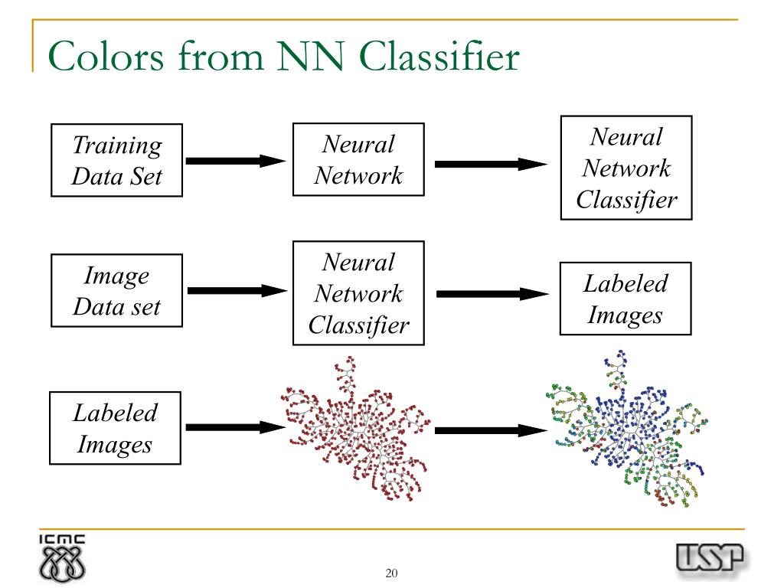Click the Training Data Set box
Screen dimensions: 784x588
point(116,160)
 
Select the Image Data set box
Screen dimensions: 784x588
point(116,290)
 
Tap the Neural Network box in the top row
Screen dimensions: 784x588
point(358,159)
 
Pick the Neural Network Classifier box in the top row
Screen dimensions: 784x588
point(626,168)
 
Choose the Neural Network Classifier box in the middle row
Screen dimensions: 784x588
point(358,293)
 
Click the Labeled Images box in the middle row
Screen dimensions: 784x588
point(626,299)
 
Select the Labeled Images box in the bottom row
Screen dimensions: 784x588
point(115,428)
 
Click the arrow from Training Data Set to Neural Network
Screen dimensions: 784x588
point(236,161)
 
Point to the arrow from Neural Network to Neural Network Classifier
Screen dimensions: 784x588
point(491,164)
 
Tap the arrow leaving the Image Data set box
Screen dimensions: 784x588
point(237,290)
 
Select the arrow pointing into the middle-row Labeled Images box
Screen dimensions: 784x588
point(492,294)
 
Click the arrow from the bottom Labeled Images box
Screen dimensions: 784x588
point(236,427)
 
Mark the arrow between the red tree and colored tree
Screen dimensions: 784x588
point(491,430)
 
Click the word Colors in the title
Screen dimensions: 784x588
point(106,56)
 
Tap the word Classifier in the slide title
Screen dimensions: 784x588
point(439,56)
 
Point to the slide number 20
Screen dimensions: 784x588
point(391,573)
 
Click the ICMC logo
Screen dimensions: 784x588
point(62,558)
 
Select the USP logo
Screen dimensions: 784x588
point(710,558)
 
